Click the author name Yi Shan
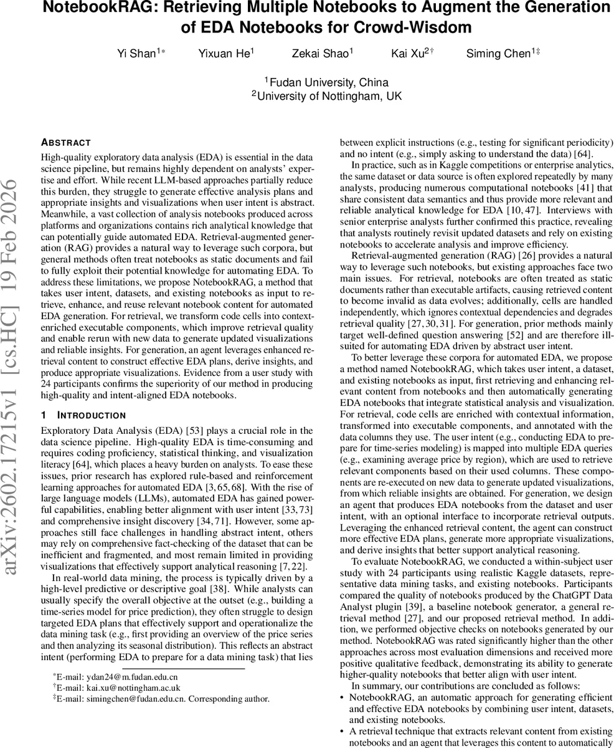[136, 54]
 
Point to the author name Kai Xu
[407, 54]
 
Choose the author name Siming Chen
[498, 54]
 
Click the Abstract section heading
[65, 142]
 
